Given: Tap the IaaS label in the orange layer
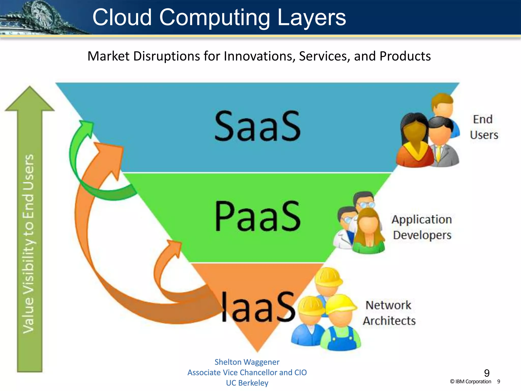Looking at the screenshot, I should click(x=257, y=307).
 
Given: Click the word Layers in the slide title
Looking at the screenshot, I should click(x=311, y=17).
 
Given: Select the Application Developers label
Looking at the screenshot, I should click(x=422, y=227).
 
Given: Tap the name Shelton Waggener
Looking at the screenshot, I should click(x=247, y=362).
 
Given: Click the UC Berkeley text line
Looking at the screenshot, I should click(x=247, y=383).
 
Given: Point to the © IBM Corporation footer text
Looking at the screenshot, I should click(x=470, y=382).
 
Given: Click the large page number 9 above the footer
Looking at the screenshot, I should click(x=487, y=373).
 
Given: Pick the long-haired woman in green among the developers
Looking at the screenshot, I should click(x=369, y=232).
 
